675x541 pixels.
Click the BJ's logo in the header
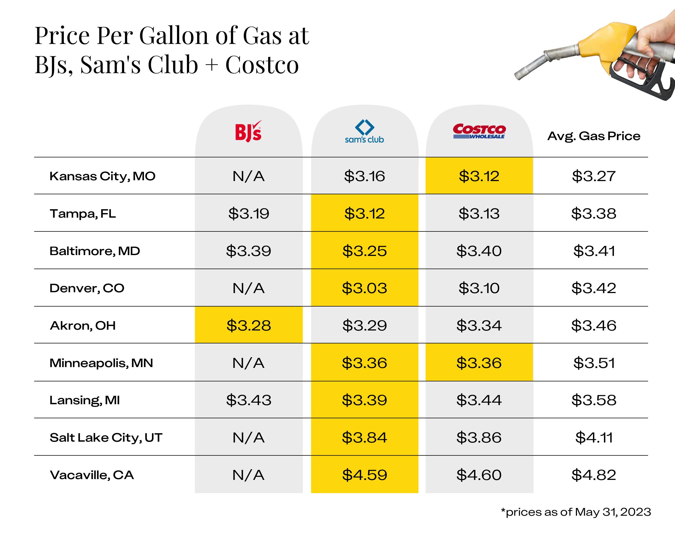(248, 132)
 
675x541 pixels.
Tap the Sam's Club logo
(364, 132)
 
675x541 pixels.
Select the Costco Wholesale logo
(479, 131)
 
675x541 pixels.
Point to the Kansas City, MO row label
(102, 176)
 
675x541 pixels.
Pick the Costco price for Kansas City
(479, 176)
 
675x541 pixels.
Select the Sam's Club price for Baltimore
(364, 251)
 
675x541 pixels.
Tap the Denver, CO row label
(87, 288)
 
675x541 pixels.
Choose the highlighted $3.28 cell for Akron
(249, 326)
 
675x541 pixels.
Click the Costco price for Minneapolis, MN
(479, 363)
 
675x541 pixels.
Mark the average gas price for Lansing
(594, 400)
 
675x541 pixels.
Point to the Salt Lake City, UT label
(106, 438)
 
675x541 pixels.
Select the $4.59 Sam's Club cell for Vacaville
(364, 475)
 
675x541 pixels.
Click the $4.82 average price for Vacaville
(594, 475)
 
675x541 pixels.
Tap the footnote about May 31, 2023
(576, 512)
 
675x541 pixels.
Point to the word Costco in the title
(262, 65)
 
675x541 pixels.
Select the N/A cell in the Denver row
(249, 288)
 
